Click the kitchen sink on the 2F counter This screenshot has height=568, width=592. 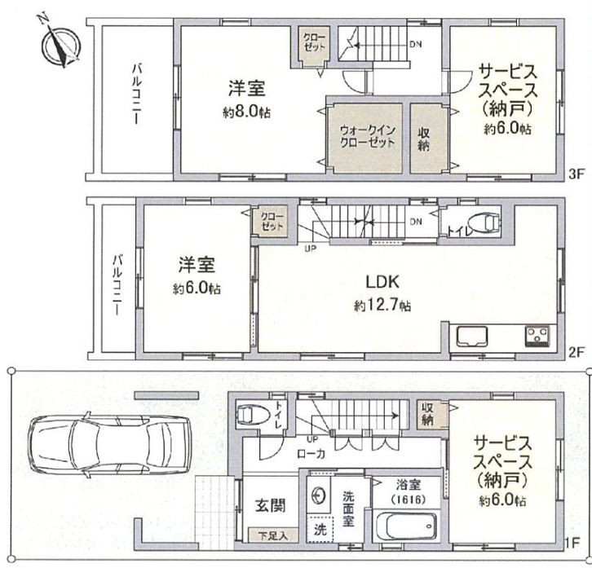click(x=472, y=336)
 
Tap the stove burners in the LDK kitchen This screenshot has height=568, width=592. click(x=537, y=337)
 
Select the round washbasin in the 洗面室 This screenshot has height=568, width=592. click(x=319, y=495)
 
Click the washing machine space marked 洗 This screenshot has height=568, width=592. click(x=320, y=529)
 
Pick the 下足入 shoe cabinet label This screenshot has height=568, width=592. click(x=273, y=535)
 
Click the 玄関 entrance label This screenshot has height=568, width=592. click(x=271, y=505)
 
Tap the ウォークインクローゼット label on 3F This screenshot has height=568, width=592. click(x=367, y=137)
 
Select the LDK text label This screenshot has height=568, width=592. click(x=382, y=281)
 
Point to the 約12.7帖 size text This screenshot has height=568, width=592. click(x=382, y=306)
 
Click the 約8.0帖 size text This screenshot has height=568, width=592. click(x=246, y=112)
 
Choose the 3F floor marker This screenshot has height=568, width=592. click(x=577, y=174)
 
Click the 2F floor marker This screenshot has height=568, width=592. click(x=577, y=353)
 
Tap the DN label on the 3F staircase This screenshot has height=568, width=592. click(x=416, y=44)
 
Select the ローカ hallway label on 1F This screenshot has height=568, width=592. click(x=311, y=454)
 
